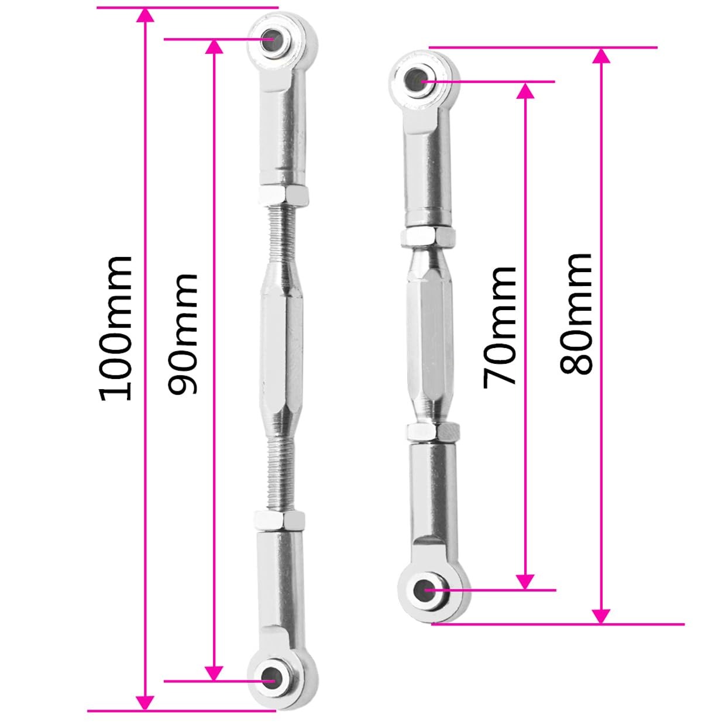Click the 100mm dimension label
coord(115,327)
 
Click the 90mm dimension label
coord(183,334)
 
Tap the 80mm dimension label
coord(576,314)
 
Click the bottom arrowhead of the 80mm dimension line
coord(601,616)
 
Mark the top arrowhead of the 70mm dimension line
coord(525,91)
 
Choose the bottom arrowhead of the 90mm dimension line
coord(215,673)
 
